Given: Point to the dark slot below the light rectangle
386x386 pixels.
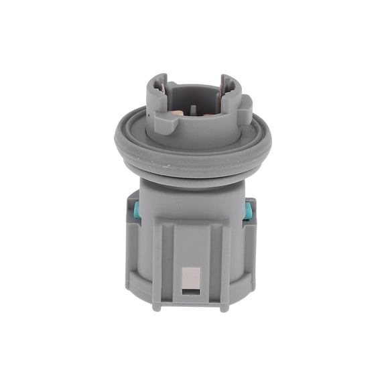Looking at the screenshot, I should tap(192, 291).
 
